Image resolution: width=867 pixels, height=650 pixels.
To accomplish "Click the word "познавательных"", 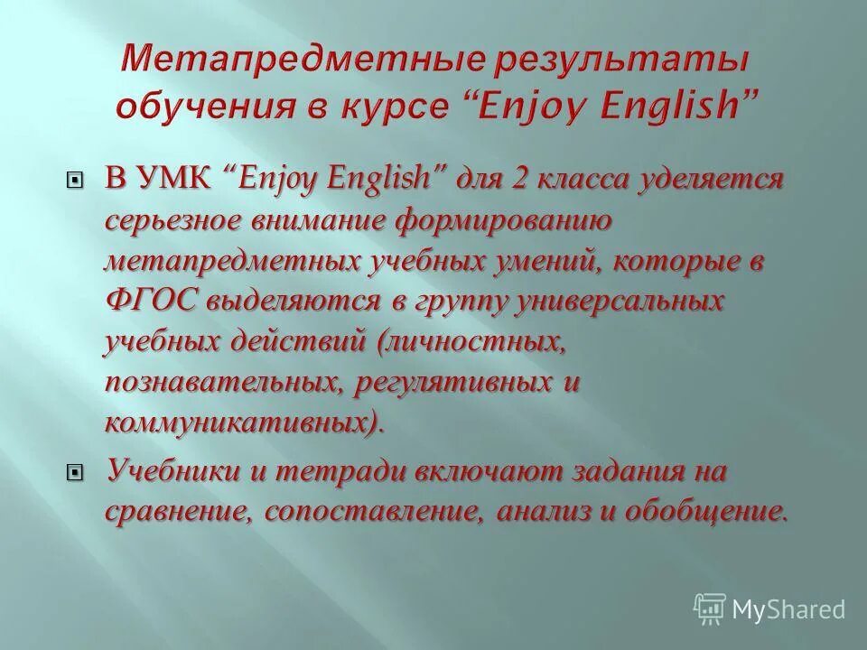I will (x=222, y=382).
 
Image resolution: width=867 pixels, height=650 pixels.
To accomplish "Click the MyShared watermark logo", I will (x=770, y=608).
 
